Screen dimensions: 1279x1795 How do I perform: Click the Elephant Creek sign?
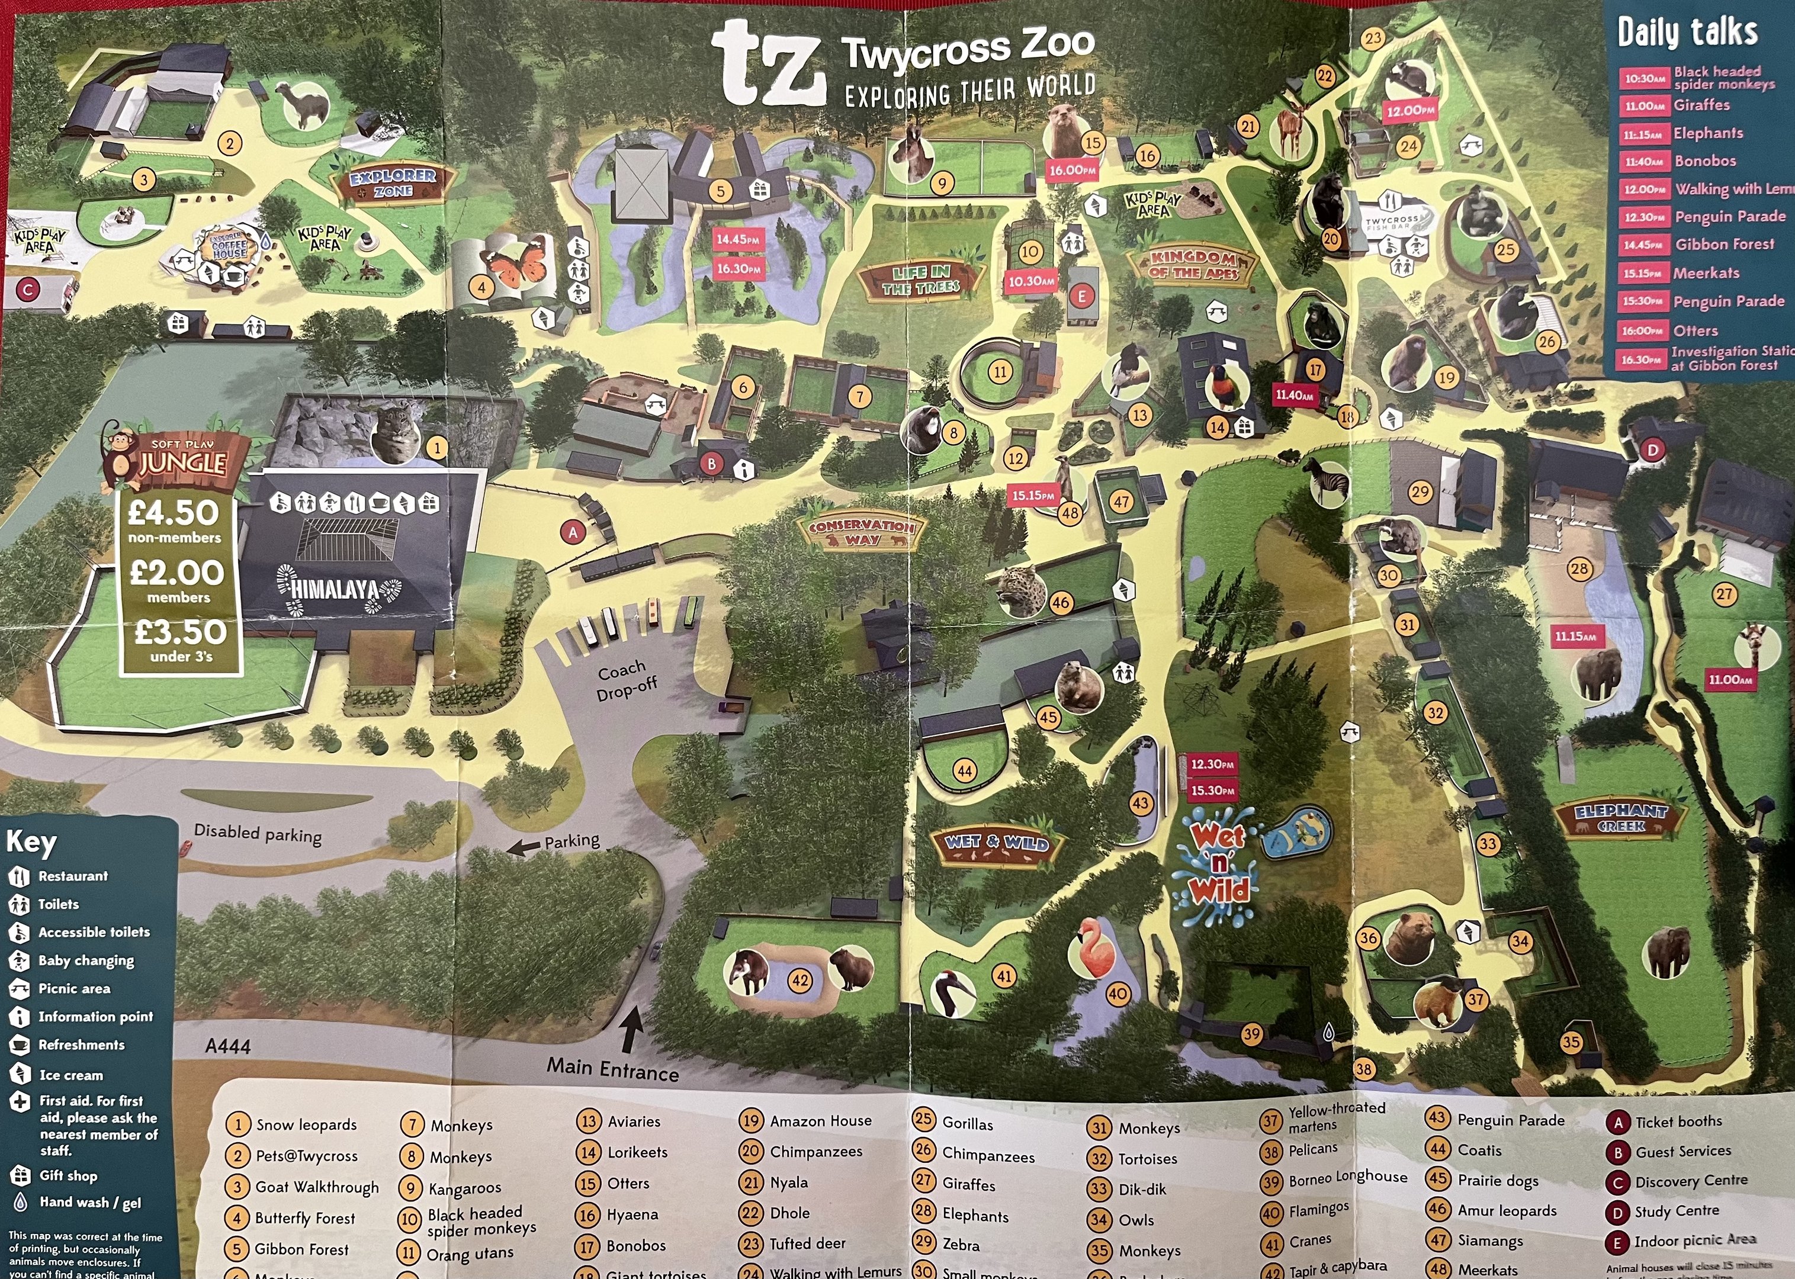click(x=1621, y=818)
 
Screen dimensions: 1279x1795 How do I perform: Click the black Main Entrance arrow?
click(x=630, y=1029)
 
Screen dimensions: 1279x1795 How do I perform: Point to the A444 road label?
click(x=227, y=1046)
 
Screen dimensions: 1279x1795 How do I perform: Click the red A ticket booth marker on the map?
click(x=573, y=532)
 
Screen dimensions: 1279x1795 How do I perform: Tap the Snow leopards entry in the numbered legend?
click(x=306, y=1124)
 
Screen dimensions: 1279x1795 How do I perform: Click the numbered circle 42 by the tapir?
click(x=800, y=981)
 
